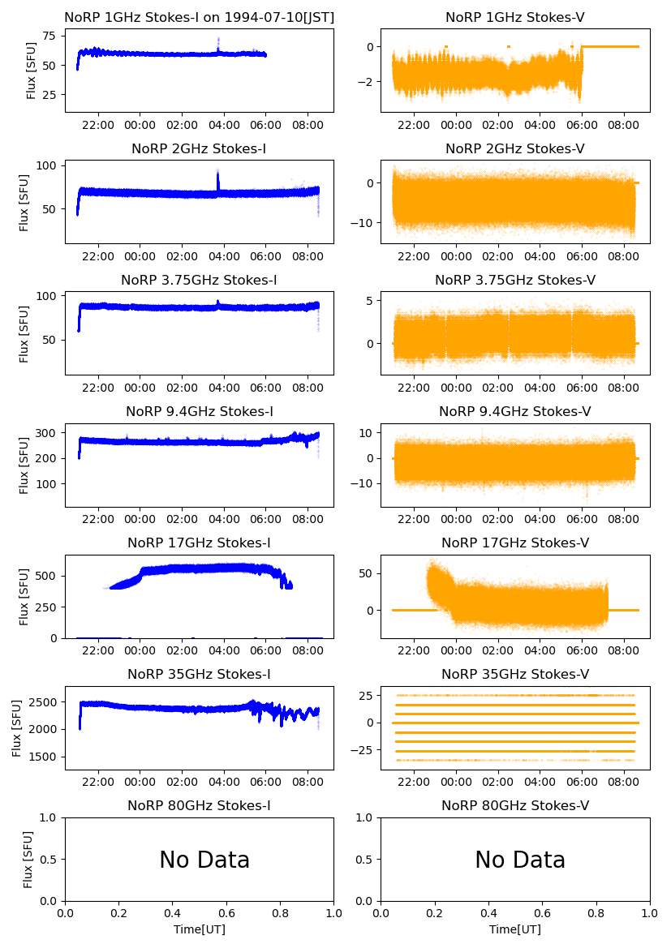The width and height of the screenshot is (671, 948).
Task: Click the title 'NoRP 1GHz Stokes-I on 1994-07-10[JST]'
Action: pyautogui.click(x=199, y=17)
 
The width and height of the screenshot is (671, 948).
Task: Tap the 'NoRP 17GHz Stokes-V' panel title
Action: pyautogui.click(x=515, y=543)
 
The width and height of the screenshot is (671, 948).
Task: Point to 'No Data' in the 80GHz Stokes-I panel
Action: pyautogui.click(x=204, y=860)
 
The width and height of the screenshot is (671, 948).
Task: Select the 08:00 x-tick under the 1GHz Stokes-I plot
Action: pyautogui.click(x=308, y=126)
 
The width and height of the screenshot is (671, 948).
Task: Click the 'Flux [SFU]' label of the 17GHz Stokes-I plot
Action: pyautogui.click(x=25, y=596)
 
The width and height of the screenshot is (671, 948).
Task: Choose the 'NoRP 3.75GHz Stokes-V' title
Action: pyautogui.click(x=515, y=280)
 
